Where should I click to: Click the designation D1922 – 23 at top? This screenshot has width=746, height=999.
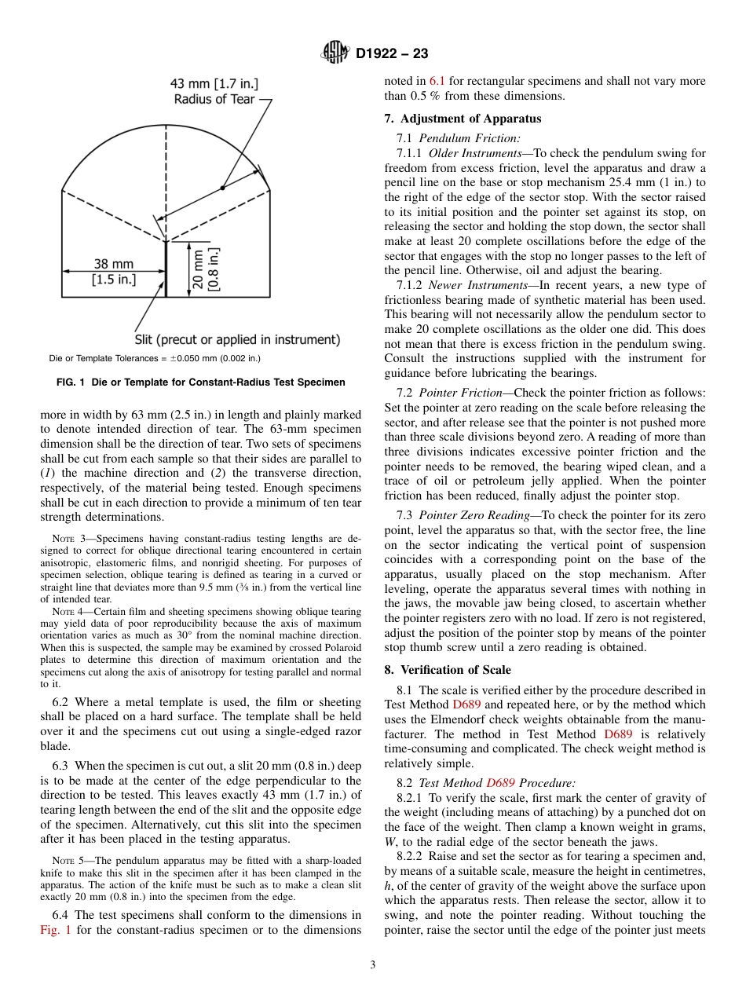click(392, 54)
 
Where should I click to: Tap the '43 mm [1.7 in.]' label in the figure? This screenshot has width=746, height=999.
click(215, 82)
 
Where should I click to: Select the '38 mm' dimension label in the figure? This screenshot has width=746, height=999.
click(114, 264)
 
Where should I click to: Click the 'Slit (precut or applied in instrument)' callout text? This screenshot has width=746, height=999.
click(238, 340)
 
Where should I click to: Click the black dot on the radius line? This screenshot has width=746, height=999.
click(222, 188)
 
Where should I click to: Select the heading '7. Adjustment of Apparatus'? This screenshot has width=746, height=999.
click(463, 119)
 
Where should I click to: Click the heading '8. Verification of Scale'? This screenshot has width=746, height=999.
click(447, 670)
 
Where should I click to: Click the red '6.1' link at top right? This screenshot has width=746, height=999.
click(437, 81)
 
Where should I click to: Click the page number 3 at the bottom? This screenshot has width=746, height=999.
click(373, 964)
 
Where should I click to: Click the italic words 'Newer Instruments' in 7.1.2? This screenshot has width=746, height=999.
click(474, 285)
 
